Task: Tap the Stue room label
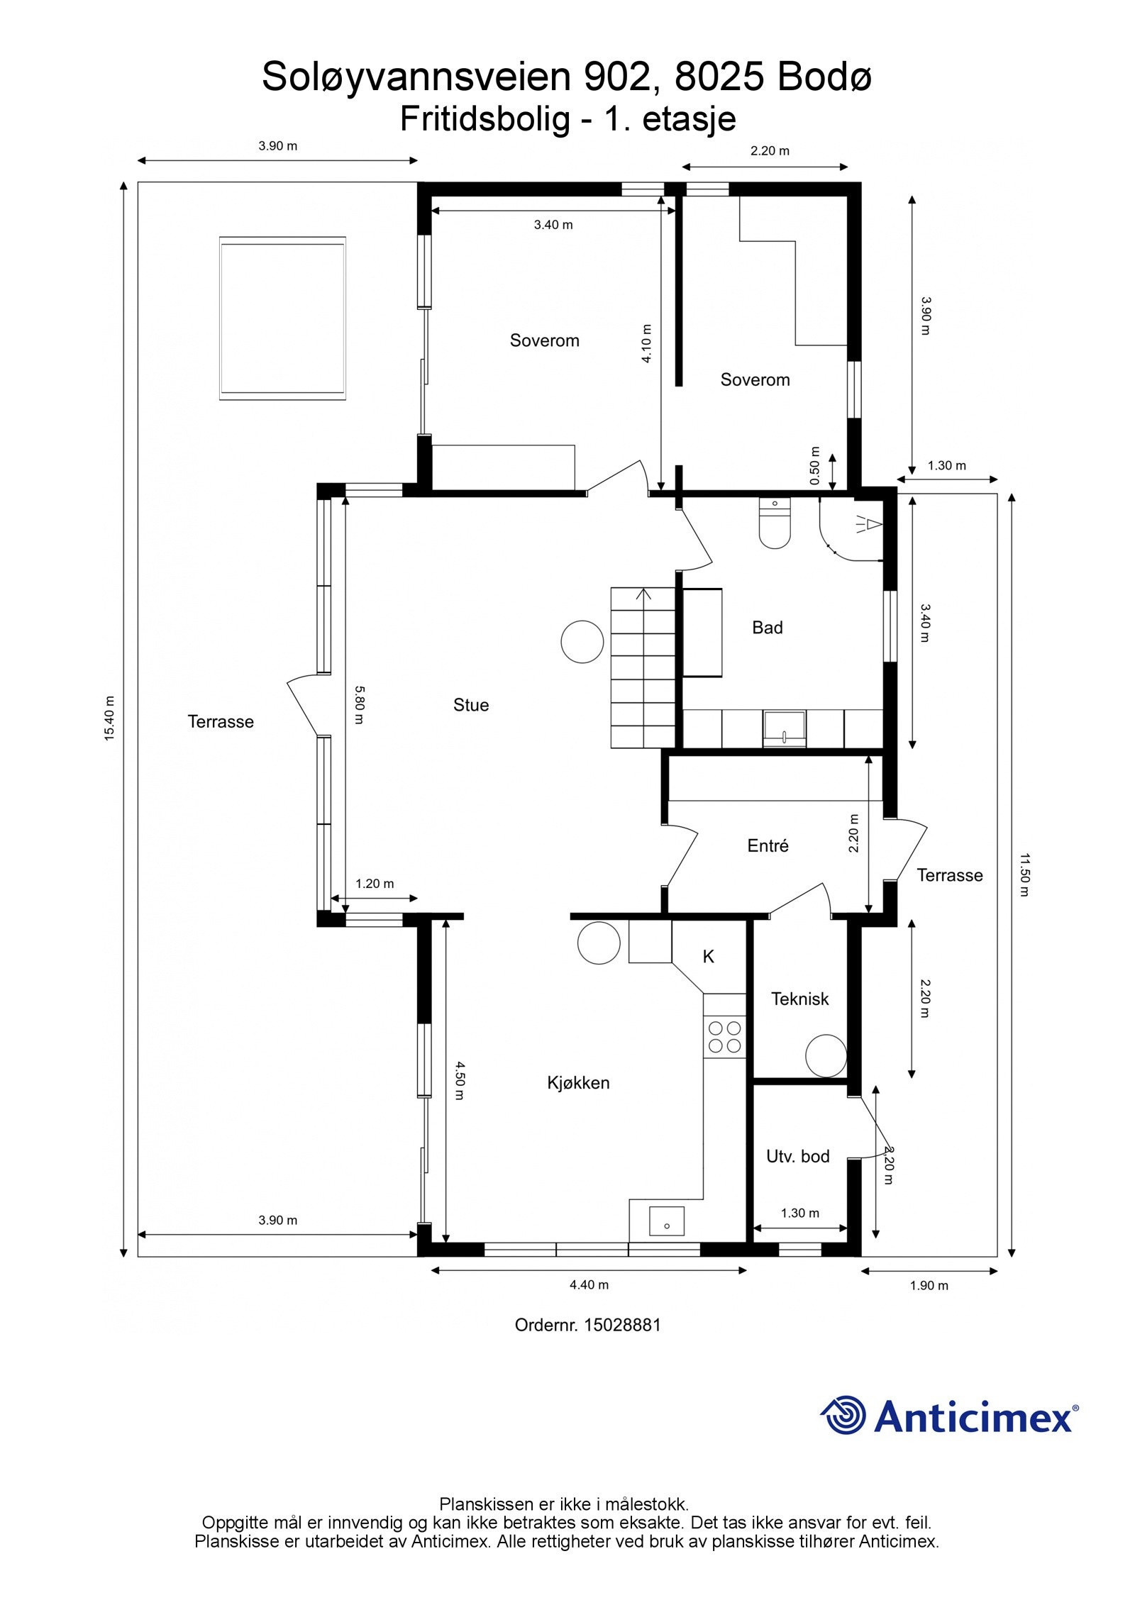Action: pyautogui.click(x=471, y=705)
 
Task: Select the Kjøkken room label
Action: pyautogui.click(x=578, y=1083)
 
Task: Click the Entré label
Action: pyautogui.click(x=768, y=845)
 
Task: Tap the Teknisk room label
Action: pyautogui.click(x=800, y=999)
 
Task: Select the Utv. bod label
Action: pyautogui.click(x=798, y=1157)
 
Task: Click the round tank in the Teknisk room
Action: pyautogui.click(x=826, y=1055)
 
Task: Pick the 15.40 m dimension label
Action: pyautogui.click(x=109, y=718)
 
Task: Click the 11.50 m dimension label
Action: pyautogui.click(x=1024, y=874)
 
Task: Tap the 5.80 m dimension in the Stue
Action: pyautogui.click(x=360, y=704)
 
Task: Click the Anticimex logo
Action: pyautogui.click(x=949, y=1416)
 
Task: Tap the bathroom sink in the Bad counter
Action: pyautogui.click(x=785, y=729)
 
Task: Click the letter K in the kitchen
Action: pyautogui.click(x=708, y=957)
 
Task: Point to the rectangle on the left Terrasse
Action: pyautogui.click(x=282, y=318)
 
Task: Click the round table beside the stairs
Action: pyautogui.click(x=582, y=642)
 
